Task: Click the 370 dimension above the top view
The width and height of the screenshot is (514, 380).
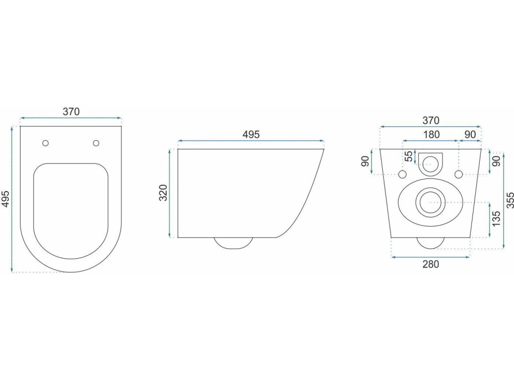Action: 71,112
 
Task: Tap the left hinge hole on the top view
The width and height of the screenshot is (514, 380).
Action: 45,143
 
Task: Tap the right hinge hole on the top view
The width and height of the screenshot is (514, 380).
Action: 96,143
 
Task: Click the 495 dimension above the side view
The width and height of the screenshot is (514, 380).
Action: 251,135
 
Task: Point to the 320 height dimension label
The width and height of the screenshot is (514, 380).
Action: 163,193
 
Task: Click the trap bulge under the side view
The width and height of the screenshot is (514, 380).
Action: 233,243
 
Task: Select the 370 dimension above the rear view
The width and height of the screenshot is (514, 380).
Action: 430,121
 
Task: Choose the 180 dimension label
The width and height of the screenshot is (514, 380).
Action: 431,135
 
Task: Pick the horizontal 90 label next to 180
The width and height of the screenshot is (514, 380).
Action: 470,135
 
